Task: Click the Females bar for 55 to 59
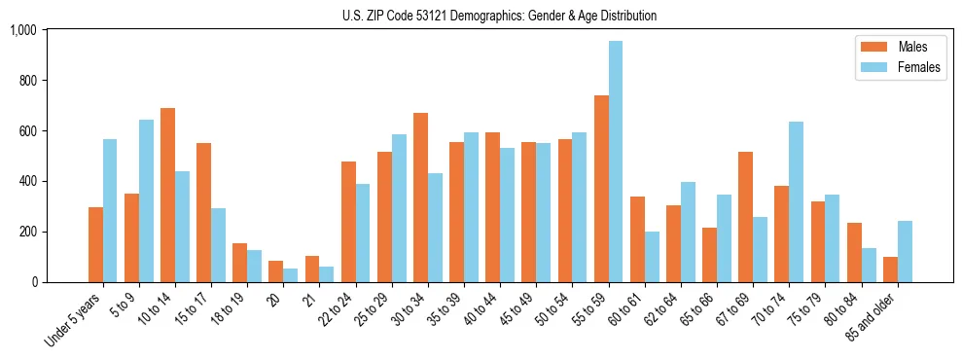coord(616,162)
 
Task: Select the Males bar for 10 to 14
coord(168,195)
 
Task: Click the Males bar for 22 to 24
coord(348,222)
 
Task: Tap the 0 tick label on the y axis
coord(35,282)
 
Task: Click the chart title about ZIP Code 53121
coord(499,16)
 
